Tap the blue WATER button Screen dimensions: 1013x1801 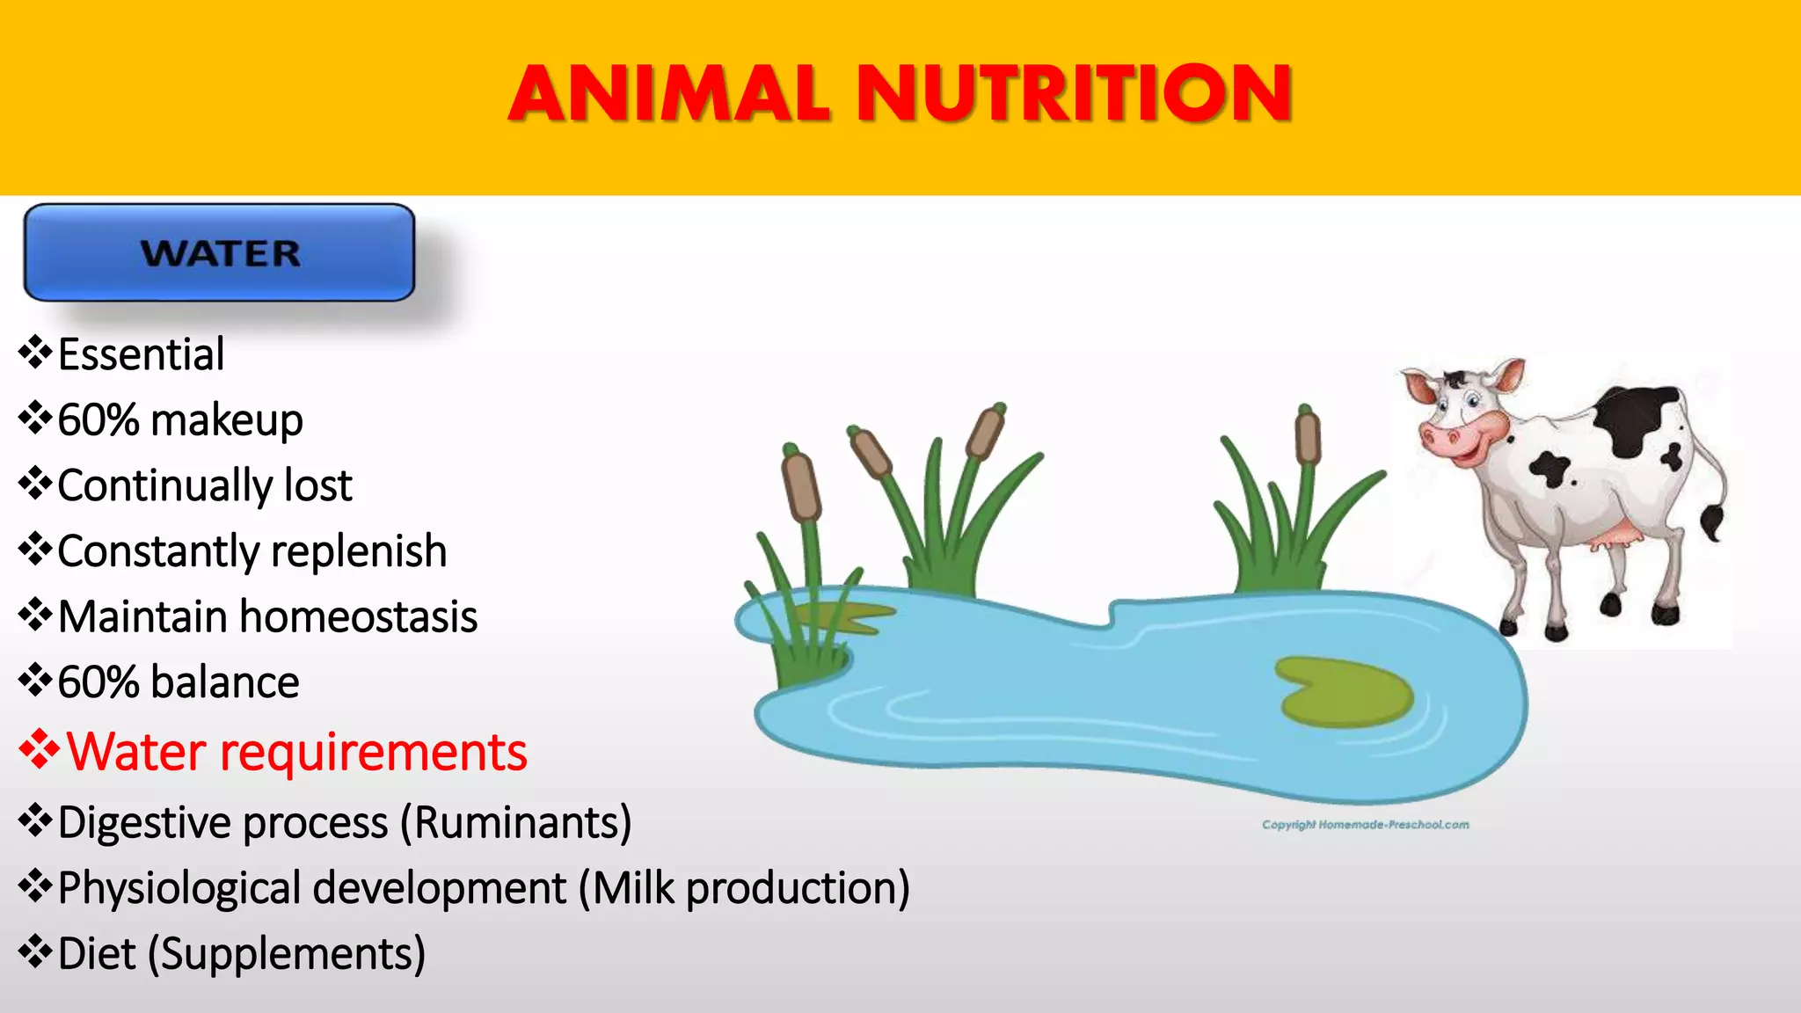[219, 253]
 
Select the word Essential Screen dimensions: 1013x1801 [141, 354]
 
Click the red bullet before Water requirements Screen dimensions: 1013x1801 [39, 750]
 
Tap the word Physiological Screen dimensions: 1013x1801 [179, 888]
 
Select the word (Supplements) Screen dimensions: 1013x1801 [287, 954]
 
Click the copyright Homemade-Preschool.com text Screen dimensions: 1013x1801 [1365, 825]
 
